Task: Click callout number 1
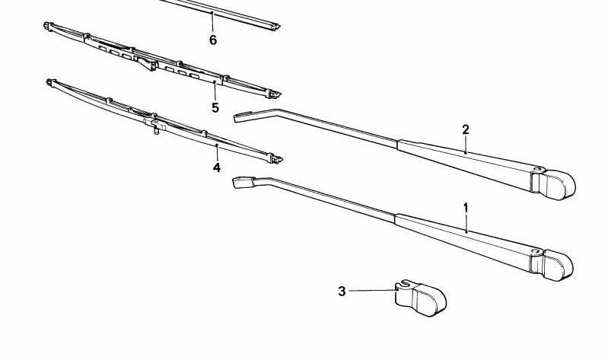tap(466, 208)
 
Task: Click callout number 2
tap(465, 129)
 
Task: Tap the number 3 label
tap(341, 292)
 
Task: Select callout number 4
tap(216, 167)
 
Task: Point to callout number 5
tap(215, 107)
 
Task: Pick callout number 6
tap(213, 40)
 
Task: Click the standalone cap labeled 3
tap(420, 298)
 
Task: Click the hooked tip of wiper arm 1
tap(244, 182)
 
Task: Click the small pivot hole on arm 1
tap(536, 251)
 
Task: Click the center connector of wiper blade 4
tap(155, 125)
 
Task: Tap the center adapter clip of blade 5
tap(146, 62)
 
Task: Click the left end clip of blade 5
tap(49, 27)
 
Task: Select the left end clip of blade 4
tap(51, 83)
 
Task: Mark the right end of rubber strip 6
tap(275, 27)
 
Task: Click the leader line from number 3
tap(373, 291)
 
